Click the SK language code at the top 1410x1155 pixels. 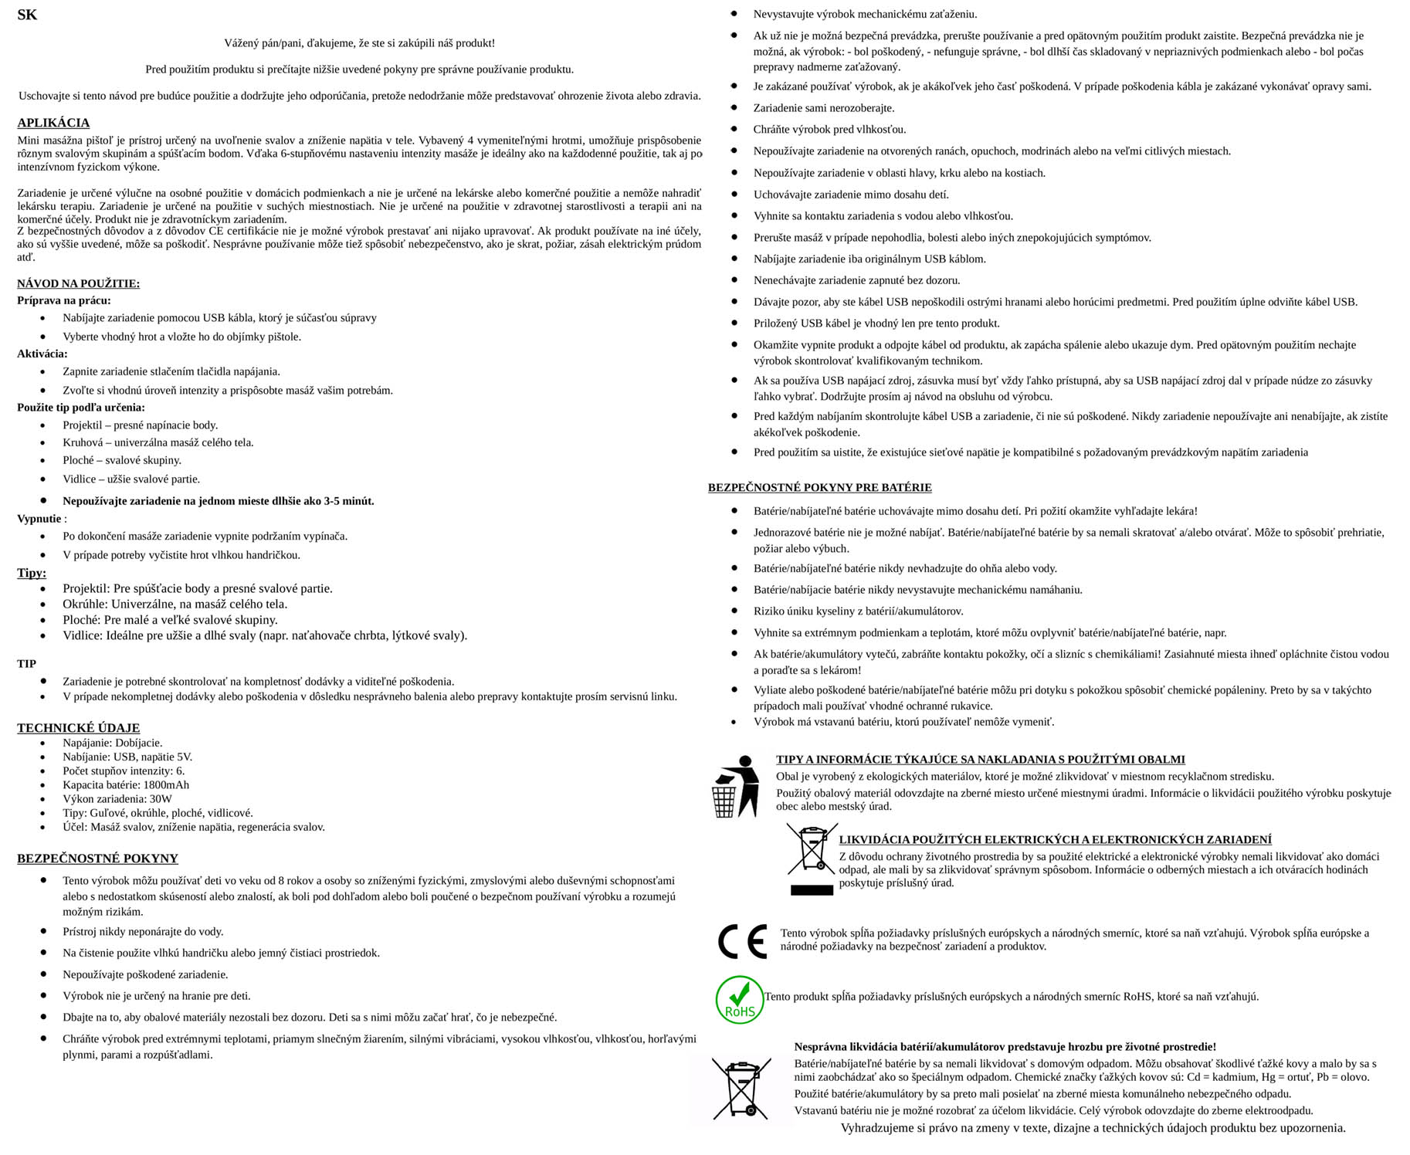coord(27,15)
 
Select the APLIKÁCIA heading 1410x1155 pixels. coord(53,123)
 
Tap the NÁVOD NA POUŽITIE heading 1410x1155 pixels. coord(78,283)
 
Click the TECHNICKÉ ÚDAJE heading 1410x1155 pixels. coord(78,727)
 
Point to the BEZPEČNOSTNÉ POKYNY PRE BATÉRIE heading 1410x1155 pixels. coord(819,487)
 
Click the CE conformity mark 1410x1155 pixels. coord(741,941)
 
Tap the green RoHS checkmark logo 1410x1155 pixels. coord(739,1000)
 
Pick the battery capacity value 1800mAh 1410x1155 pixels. coord(166,784)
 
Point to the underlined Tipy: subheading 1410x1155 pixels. coord(32,573)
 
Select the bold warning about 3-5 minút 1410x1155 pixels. coord(219,501)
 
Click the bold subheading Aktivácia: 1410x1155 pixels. coord(42,354)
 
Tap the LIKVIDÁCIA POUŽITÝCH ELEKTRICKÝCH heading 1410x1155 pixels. coord(1055,839)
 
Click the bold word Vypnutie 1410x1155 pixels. coord(39,519)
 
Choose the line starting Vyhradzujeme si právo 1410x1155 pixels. coord(1093,1128)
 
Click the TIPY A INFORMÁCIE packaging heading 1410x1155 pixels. coord(980,759)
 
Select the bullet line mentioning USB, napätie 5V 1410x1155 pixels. coord(127,757)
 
